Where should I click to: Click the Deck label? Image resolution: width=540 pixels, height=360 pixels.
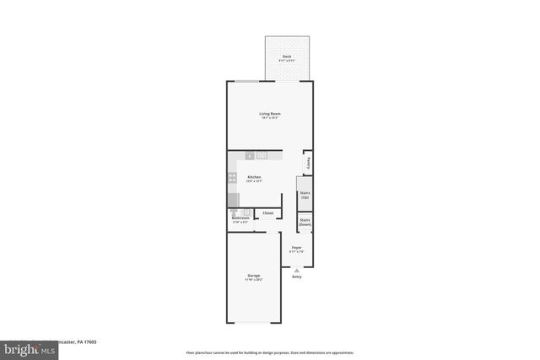(x=288, y=56)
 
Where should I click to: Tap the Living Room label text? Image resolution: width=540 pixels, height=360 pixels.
(x=270, y=113)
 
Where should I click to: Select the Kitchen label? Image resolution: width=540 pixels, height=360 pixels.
(x=254, y=177)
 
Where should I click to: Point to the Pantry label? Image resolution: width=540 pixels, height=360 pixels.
(x=309, y=162)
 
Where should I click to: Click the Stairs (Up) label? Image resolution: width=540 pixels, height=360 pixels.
(x=305, y=195)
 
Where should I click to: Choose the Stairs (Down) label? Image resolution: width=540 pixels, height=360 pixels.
(x=305, y=223)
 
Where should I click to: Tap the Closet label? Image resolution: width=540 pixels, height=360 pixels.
(x=267, y=213)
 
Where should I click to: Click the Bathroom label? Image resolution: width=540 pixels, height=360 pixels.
(x=240, y=218)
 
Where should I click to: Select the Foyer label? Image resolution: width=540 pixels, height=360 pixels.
(x=296, y=248)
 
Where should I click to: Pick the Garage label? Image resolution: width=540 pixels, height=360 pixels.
(x=253, y=275)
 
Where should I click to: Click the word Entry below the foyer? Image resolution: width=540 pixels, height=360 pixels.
(x=296, y=277)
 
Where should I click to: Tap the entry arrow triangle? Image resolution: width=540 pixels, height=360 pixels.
(x=296, y=270)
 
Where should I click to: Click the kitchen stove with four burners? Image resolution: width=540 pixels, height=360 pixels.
(x=232, y=178)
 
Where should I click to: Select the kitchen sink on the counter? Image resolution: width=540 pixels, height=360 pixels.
(x=262, y=156)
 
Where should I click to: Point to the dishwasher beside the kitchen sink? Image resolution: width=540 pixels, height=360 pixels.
(x=250, y=156)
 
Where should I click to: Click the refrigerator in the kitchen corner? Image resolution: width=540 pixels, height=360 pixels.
(x=233, y=200)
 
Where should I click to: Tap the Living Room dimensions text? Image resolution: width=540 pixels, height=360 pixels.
(x=270, y=118)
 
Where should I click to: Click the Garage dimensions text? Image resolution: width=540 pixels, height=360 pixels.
(x=253, y=280)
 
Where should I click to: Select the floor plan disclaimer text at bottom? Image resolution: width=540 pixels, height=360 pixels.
(x=270, y=352)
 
